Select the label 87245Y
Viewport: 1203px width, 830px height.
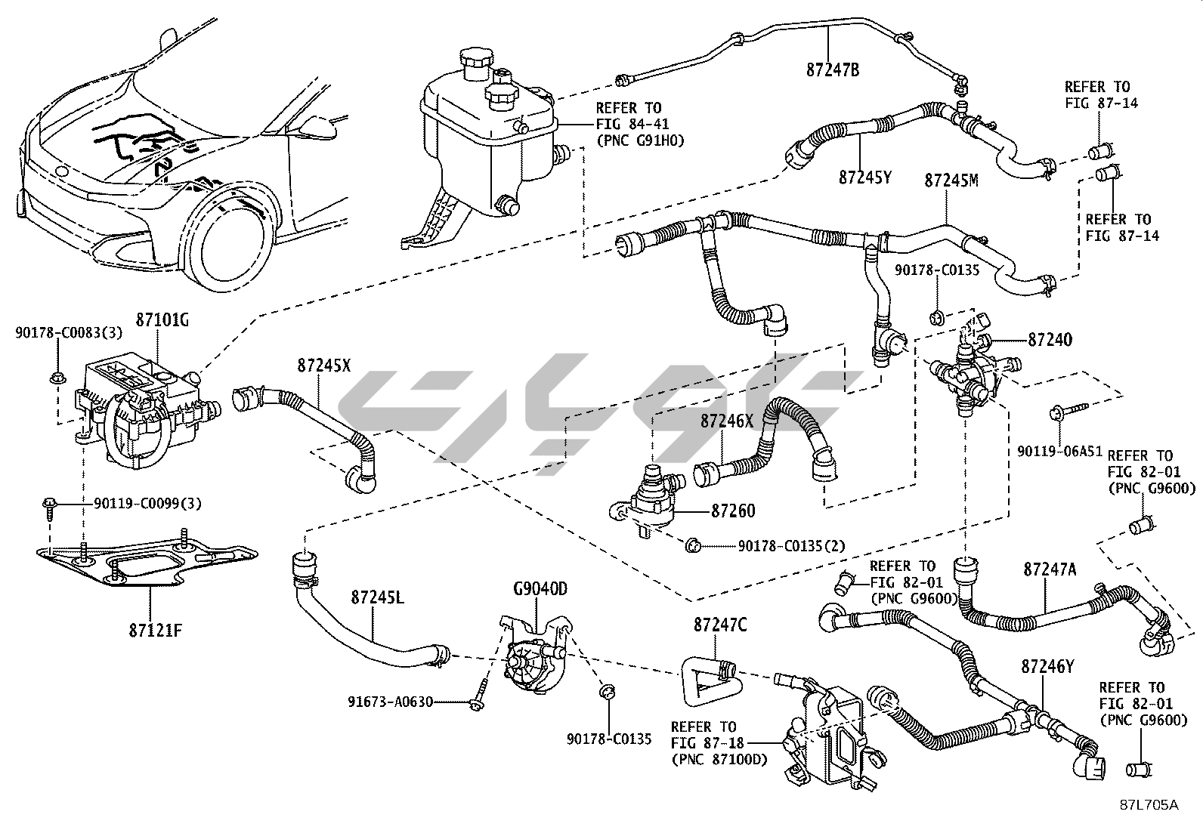[865, 177]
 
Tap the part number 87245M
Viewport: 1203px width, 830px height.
[951, 181]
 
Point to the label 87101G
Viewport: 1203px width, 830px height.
[162, 320]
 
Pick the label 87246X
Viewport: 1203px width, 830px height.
[726, 421]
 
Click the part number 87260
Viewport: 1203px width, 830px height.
[732, 511]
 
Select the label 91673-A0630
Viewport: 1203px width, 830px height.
[390, 702]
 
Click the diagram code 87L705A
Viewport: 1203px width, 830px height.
[1149, 805]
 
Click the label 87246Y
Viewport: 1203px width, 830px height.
[1047, 667]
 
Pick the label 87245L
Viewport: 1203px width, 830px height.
[377, 597]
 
